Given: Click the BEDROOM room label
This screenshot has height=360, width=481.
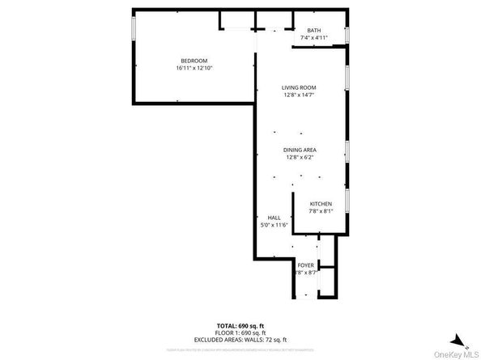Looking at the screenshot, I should tap(194, 61).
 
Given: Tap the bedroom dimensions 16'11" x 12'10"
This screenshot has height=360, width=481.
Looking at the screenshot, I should tap(194, 68).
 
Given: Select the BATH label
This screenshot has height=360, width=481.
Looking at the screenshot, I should tap(313, 31).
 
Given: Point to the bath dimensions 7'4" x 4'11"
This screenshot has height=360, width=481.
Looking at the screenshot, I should tap(313, 38).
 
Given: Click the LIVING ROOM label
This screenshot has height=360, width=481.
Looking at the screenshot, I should tap(299, 87).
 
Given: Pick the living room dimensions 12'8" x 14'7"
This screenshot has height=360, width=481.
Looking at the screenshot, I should tap(299, 95).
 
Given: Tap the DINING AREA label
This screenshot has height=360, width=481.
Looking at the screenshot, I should tap(299, 150).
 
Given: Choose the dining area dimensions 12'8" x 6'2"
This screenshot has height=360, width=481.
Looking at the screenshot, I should tap(299, 157).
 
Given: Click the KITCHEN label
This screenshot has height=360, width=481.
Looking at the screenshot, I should tap(321, 204).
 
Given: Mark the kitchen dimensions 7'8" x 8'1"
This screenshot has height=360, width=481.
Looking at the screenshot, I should tap(321, 211).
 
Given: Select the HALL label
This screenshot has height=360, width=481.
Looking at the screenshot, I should tap(274, 218).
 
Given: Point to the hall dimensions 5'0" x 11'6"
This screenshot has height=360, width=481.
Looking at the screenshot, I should tap(274, 225).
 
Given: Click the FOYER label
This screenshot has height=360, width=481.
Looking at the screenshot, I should tap(305, 265).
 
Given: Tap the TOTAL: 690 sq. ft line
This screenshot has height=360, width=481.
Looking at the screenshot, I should tap(240, 325).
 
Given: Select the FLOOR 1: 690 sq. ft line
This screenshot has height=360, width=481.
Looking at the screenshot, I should tap(240, 332).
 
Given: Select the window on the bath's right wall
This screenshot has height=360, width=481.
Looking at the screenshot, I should tap(347, 34).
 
